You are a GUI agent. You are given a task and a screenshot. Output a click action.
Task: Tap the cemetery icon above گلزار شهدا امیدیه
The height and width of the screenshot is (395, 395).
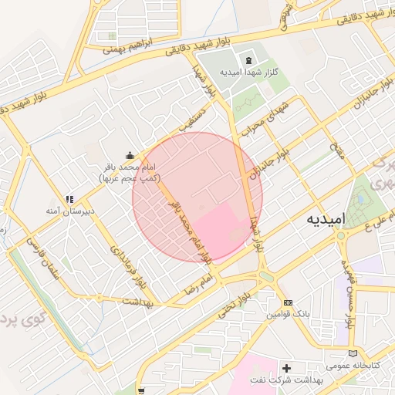(248, 60)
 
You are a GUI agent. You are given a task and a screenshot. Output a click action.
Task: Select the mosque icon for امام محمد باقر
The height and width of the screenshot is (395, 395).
(130, 154)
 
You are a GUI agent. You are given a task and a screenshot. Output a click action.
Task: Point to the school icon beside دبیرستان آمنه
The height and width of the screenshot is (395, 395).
(69, 198)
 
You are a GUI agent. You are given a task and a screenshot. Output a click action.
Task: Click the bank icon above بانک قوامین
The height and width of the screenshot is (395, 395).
(288, 303)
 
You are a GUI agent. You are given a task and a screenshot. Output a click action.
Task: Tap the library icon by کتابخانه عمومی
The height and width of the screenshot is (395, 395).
(353, 353)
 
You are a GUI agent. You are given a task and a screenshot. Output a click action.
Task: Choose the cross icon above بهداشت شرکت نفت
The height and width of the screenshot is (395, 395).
(287, 369)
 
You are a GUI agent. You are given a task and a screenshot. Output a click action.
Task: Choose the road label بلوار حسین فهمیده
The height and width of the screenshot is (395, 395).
(345, 292)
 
